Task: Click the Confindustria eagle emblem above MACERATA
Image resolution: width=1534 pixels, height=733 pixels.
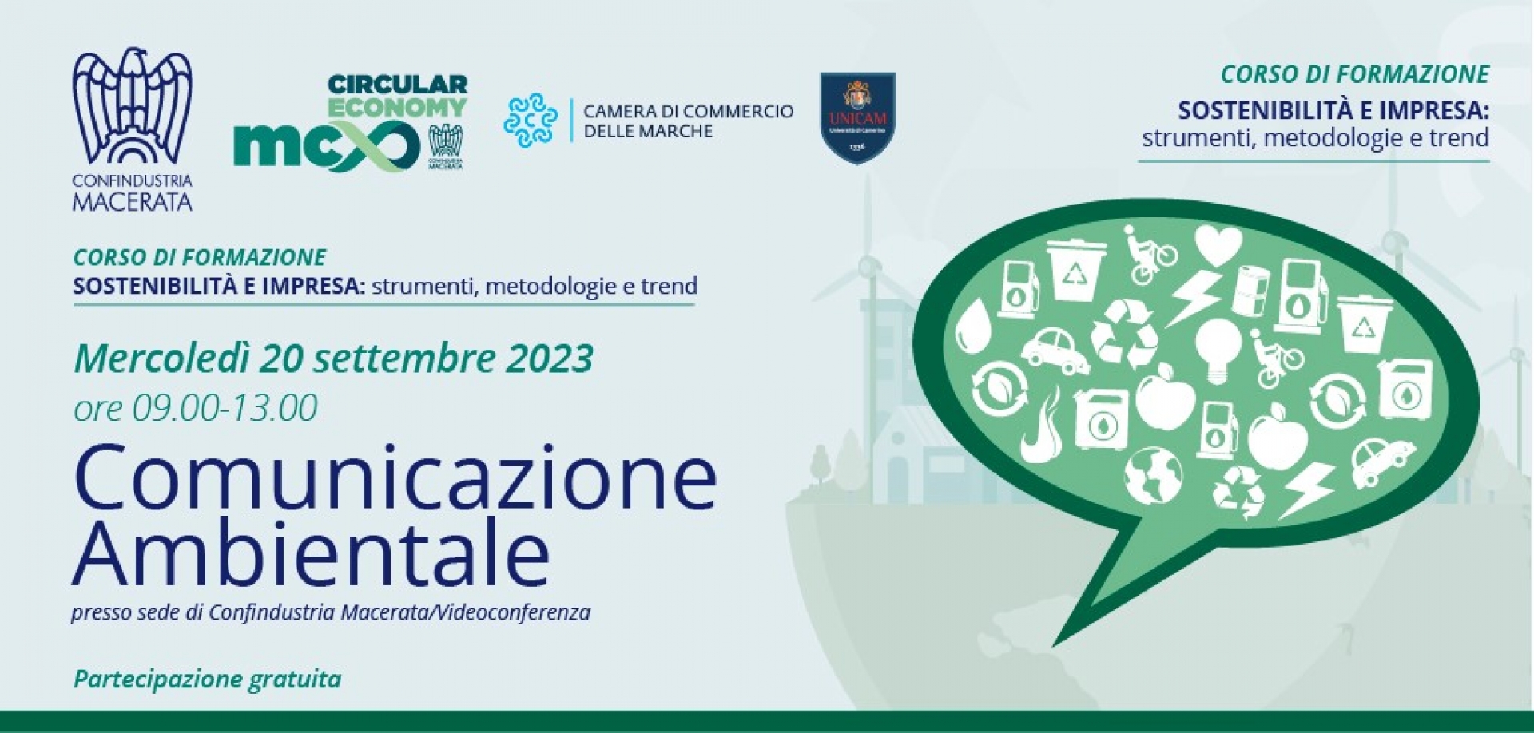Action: point(133,107)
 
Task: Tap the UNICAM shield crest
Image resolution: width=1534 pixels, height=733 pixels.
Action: point(857,117)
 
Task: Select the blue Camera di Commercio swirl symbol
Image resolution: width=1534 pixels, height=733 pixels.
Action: point(531,121)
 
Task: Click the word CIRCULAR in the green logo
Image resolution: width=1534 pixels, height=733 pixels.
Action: point(398,85)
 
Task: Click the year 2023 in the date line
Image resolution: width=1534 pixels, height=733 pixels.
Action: point(549,359)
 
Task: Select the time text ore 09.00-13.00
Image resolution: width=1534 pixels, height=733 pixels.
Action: point(196,408)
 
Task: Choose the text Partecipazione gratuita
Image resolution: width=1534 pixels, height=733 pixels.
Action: point(207,680)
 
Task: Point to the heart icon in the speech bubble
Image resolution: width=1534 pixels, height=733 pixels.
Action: point(1218,244)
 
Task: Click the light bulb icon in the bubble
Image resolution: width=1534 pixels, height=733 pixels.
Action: point(1218,349)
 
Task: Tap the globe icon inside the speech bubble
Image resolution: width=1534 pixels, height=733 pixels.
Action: point(1152,473)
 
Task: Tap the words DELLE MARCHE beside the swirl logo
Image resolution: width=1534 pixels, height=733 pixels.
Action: point(648,132)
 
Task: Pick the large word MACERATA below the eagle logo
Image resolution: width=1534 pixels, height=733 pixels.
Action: point(133,200)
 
